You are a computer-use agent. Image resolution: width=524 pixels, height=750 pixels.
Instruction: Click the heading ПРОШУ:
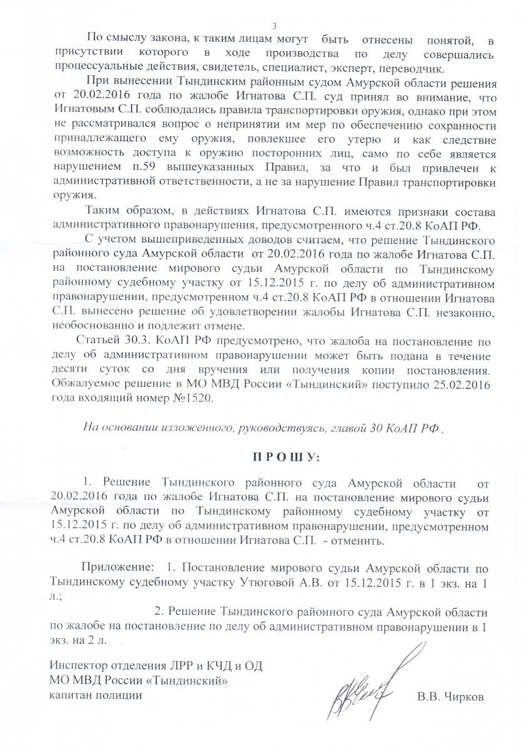point(285,458)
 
